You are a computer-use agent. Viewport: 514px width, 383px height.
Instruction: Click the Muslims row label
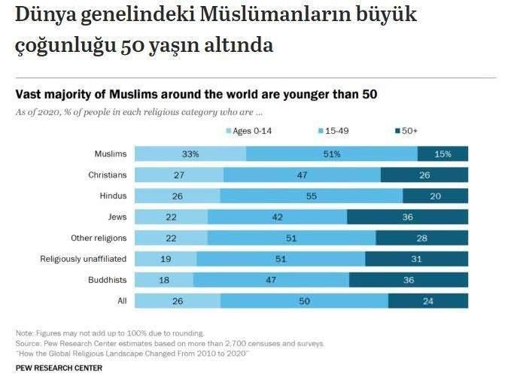tap(110, 154)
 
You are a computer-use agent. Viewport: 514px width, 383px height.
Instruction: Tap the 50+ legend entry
tap(406, 131)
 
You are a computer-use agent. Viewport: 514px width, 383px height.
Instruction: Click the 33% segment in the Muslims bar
tap(190, 154)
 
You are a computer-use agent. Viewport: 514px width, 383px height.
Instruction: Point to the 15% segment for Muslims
tap(443, 154)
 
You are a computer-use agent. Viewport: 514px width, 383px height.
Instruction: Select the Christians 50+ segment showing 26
tap(424, 175)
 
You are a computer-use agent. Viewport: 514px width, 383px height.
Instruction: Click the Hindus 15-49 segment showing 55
tap(311, 196)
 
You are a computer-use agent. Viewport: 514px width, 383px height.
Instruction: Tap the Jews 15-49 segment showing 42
tap(277, 217)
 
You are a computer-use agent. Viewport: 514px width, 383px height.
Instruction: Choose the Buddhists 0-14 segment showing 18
tap(164, 280)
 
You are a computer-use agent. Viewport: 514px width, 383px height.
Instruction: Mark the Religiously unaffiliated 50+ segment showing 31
tap(416, 259)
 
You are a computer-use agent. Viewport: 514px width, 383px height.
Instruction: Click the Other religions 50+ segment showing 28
tap(421, 239)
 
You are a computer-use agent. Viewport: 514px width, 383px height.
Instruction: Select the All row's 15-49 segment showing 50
tap(304, 301)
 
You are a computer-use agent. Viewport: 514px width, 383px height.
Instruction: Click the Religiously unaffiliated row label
tap(84, 259)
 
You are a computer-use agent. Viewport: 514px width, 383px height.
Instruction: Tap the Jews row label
tap(117, 217)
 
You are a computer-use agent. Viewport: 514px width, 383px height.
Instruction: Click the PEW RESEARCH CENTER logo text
tap(59, 368)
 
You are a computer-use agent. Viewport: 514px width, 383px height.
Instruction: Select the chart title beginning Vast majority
tap(196, 95)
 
